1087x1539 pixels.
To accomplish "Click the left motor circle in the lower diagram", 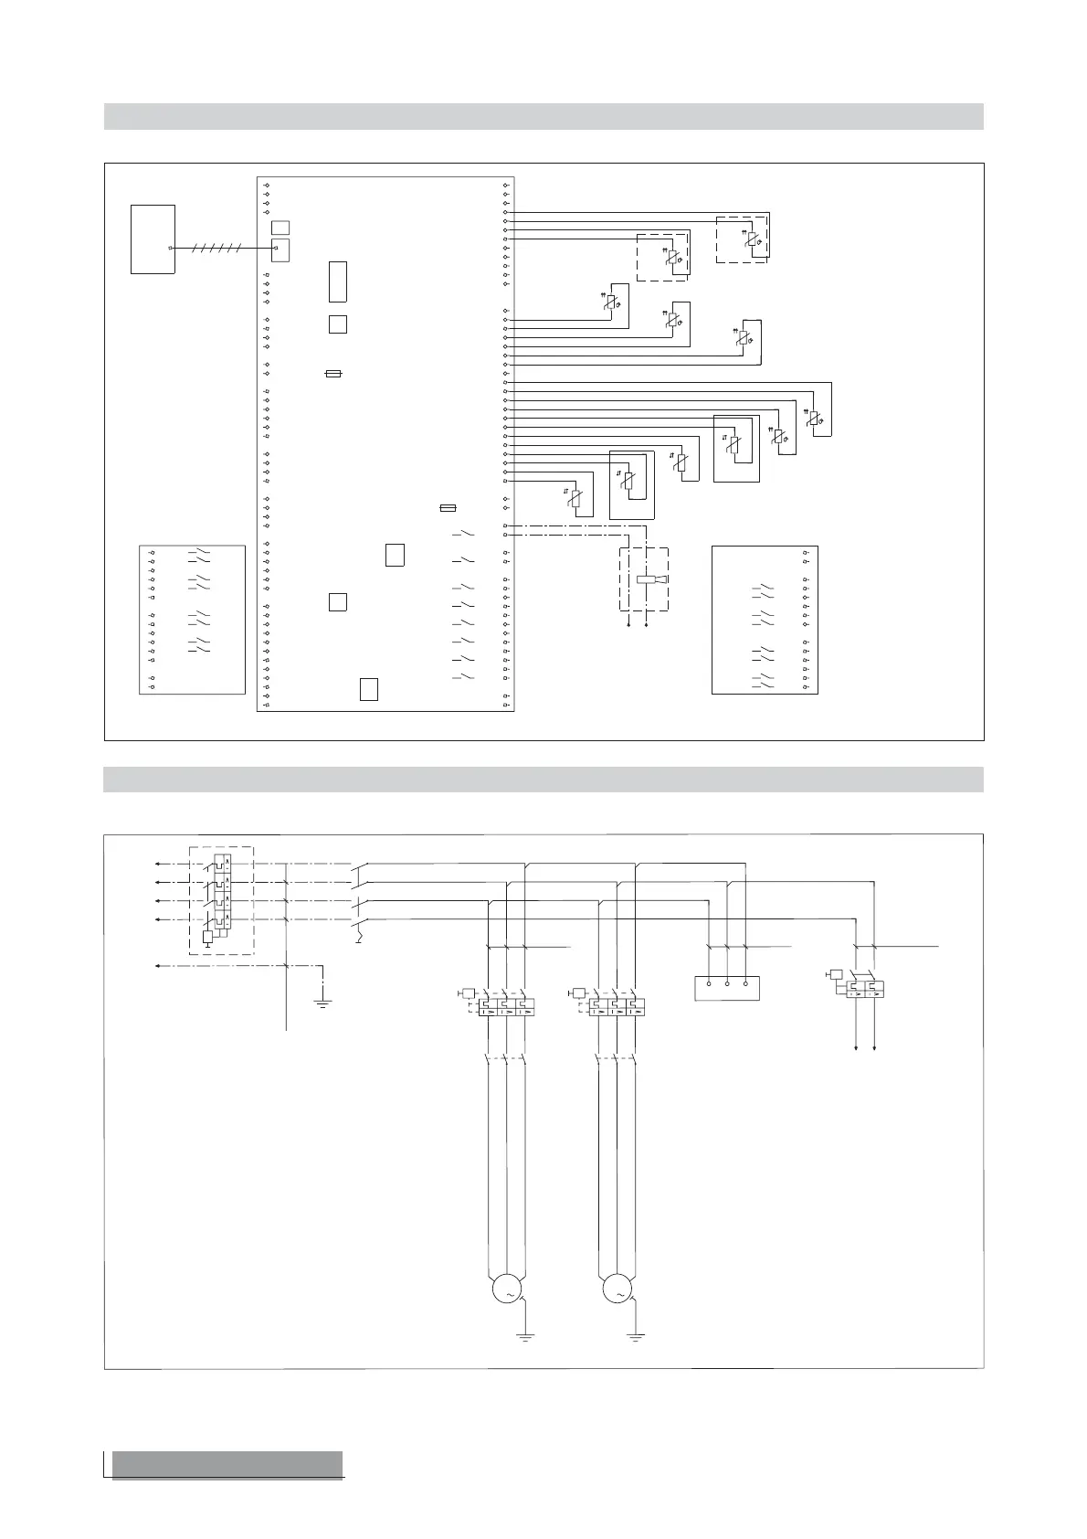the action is [506, 1290].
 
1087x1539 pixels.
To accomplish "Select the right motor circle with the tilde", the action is [617, 1290].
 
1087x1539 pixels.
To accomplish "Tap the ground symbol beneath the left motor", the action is [525, 1337].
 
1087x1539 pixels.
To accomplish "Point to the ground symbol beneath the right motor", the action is [637, 1337].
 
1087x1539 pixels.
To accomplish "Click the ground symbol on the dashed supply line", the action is [322, 1003].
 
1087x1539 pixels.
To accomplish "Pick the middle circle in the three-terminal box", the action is [727, 984].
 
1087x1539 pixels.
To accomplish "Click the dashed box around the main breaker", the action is [221, 900].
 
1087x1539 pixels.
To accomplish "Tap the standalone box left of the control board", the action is [153, 239].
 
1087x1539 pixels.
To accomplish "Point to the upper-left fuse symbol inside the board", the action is [333, 374].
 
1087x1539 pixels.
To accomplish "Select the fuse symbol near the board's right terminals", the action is [448, 507].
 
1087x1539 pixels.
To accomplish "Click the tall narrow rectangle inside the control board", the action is [337, 281].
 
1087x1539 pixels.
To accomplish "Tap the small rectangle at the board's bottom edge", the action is [369, 689].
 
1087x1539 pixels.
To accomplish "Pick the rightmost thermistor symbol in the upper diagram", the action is [815, 419].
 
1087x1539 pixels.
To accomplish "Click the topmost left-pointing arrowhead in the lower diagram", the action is [157, 864].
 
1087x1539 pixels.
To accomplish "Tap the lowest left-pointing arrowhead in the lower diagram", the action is [157, 965].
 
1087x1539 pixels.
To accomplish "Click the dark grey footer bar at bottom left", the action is [227, 1463].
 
